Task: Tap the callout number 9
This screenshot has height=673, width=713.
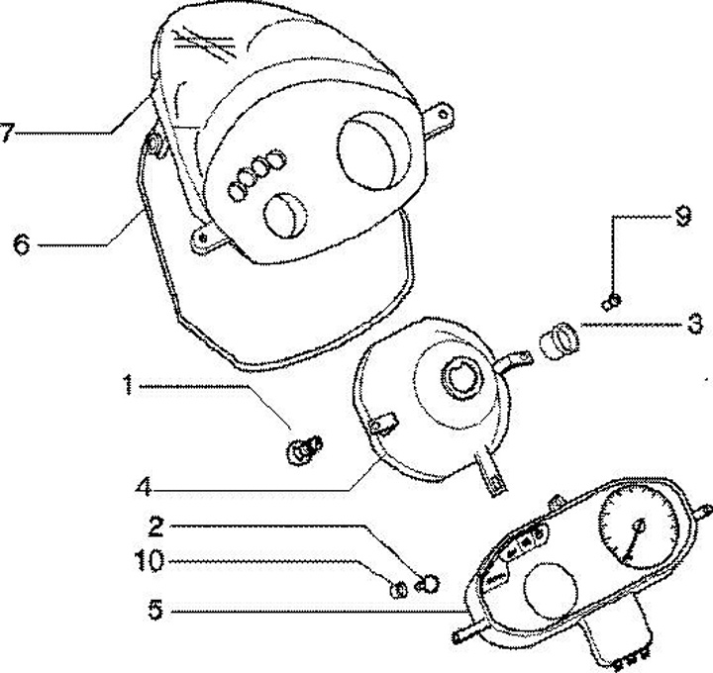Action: click(x=681, y=217)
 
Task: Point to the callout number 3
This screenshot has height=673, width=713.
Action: click(x=696, y=323)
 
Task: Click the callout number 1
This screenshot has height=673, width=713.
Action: click(x=127, y=385)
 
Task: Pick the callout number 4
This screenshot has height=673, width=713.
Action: click(x=146, y=487)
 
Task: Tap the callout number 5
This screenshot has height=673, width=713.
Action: click(x=155, y=612)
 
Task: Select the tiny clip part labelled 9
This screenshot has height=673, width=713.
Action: click(x=612, y=298)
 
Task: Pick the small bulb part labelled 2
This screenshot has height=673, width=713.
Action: click(x=430, y=582)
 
